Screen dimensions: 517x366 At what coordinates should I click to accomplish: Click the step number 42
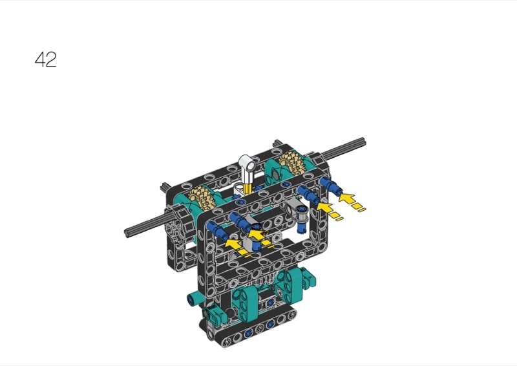point(45,59)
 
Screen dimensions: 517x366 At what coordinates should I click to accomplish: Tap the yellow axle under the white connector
point(248,188)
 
